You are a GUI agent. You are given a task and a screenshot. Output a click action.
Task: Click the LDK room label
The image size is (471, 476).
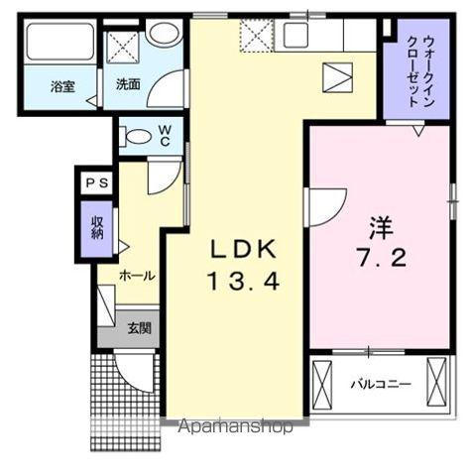(x=244, y=248)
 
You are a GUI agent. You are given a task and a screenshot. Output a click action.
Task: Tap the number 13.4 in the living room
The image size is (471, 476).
(x=244, y=282)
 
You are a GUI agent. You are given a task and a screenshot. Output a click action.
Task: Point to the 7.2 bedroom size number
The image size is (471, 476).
(x=381, y=259)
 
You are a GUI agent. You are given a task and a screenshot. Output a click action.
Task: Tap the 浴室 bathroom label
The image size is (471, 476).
(x=65, y=86)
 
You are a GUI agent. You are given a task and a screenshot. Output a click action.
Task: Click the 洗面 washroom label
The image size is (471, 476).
(x=125, y=86)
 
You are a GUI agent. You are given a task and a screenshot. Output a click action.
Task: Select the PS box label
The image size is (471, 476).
(x=96, y=183)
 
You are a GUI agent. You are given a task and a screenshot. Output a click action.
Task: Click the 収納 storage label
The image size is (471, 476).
(x=97, y=227)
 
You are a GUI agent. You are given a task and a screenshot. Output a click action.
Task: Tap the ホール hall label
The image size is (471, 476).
(x=134, y=275)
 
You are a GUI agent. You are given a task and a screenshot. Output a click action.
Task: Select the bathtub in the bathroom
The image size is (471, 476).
(x=59, y=43)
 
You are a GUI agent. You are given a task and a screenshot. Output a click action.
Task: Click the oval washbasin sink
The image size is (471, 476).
(x=165, y=34)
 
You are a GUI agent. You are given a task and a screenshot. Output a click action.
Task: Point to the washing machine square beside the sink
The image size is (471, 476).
(x=125, y=45)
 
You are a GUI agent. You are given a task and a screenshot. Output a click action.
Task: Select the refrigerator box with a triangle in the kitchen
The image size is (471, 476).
(x=339, y=75)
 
